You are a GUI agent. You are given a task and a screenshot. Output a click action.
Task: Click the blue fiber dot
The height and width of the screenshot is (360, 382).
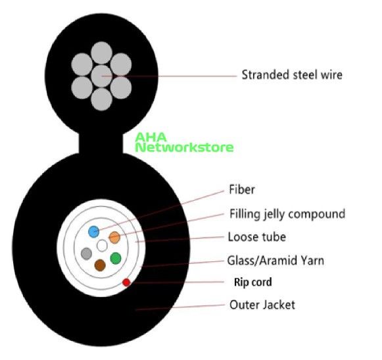(94, 232)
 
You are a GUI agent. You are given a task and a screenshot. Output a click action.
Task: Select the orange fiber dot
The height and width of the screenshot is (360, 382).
(114, 238)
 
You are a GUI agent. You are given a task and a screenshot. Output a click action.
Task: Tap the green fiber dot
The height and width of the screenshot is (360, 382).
(116, 258)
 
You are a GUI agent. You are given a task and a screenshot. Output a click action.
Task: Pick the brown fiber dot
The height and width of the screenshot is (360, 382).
(100, 265)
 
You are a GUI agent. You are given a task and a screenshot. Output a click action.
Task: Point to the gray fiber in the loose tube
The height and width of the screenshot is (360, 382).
(86, 253)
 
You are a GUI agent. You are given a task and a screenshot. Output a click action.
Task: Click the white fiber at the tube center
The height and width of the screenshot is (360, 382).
(102, 245)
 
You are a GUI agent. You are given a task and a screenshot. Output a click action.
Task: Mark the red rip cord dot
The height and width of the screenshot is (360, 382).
(126, 282)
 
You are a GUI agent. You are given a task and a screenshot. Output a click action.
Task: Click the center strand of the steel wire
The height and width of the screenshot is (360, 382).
(102, 76)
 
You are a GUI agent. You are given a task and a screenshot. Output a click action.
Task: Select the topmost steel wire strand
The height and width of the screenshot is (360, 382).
(102, 53)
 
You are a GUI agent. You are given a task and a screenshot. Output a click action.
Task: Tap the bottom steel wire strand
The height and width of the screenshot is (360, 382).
(102, 99)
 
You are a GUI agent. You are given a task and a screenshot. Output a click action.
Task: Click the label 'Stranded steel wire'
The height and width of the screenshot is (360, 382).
(292, 74)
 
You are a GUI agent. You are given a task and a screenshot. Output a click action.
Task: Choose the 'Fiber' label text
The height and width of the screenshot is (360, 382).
(242, 190)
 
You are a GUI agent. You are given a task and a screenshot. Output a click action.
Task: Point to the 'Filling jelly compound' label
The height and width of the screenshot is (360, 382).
(287, 214)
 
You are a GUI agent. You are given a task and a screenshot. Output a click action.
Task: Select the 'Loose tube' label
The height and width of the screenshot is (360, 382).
(257, 237)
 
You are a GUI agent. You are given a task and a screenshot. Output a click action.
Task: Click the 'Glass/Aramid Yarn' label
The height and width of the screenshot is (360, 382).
(275, 261)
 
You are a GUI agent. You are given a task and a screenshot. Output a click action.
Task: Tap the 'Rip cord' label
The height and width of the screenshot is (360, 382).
(253, 282)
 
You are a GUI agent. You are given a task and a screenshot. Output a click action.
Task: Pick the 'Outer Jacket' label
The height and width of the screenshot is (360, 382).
(262, 305)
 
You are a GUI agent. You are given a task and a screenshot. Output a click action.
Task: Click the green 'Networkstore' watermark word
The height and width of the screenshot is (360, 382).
(184, 147)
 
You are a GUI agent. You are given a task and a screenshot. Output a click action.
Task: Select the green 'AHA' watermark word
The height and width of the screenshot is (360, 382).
(151, 138)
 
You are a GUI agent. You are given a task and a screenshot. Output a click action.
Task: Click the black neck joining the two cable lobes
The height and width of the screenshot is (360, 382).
(101, 143)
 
